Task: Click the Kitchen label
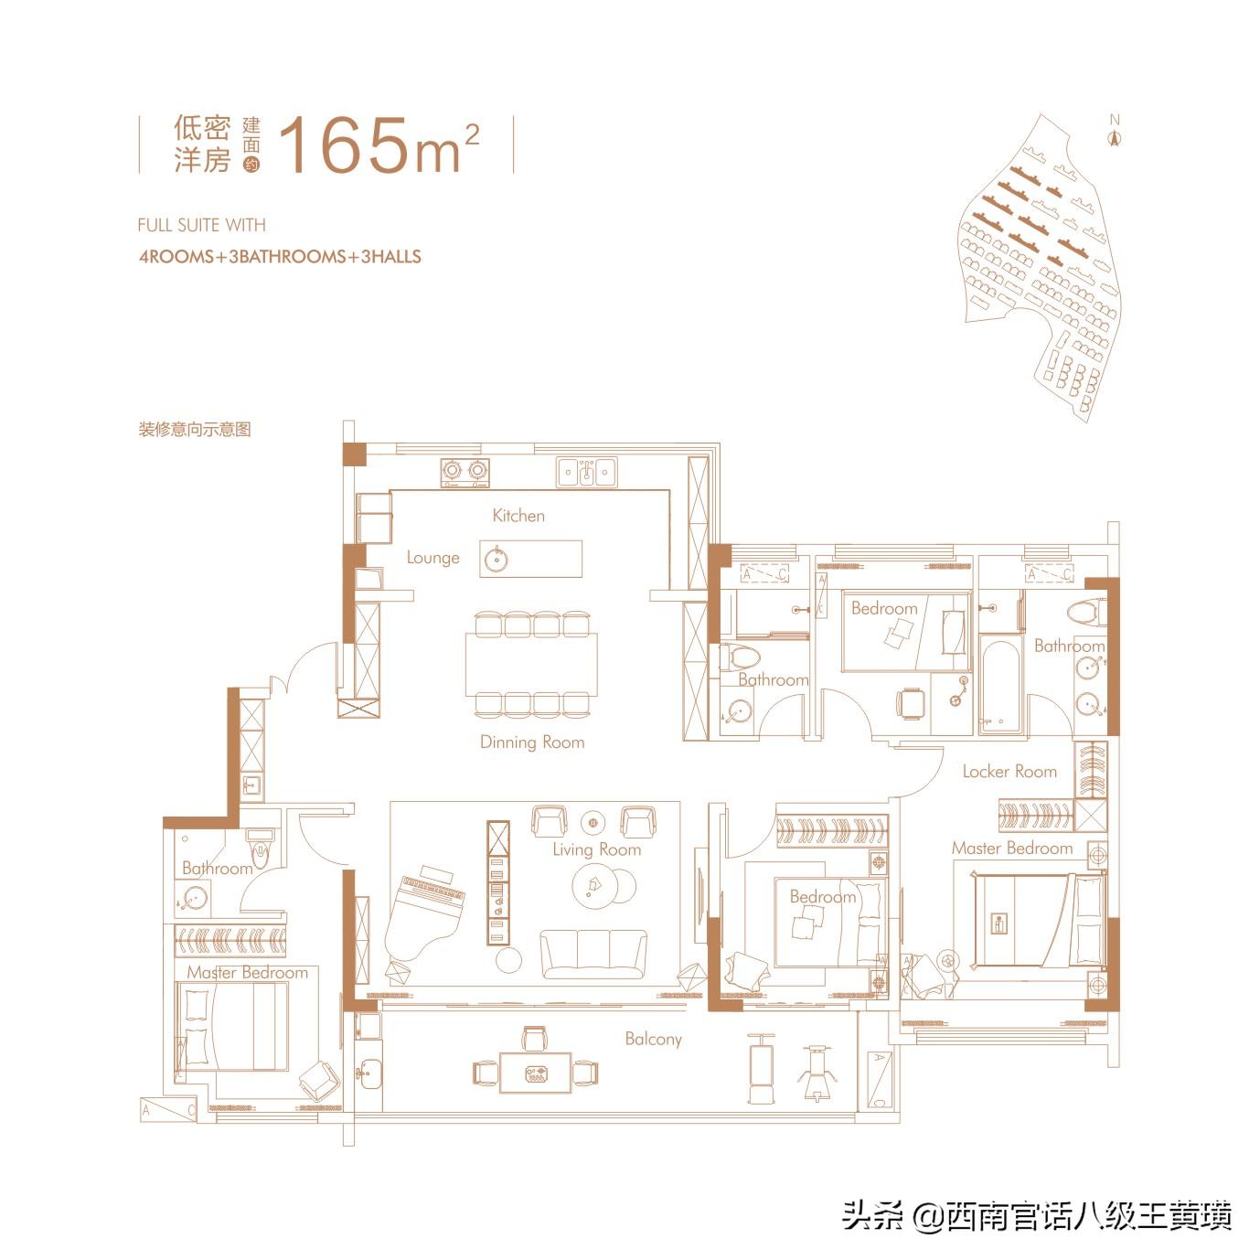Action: [518, 516]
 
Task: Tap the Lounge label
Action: [432, 558]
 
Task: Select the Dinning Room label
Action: [532, 742]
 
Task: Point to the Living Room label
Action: [596, 849]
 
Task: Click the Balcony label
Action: [653, 1039]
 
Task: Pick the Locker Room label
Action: [1009, 772]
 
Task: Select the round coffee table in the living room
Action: [603, 884]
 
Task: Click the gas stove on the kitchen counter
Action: [464, 471]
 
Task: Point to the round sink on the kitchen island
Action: [497, 560]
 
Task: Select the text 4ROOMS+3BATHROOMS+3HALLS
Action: [280, 257]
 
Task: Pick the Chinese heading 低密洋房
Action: [202, 144]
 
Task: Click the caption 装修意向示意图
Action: [195, 429]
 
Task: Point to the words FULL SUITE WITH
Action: [201, 225]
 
